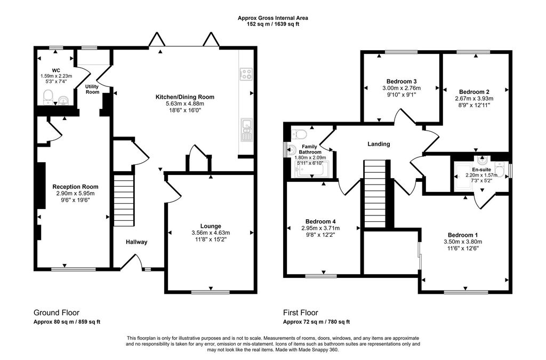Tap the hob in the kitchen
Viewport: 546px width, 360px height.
[246, 74]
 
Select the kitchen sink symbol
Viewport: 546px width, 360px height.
[246, 130]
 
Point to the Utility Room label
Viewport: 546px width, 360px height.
[93, 89]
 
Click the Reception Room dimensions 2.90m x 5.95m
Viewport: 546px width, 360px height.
[75, 194]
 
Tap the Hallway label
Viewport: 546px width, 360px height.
[136, 242]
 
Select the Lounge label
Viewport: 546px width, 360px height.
[211, 226]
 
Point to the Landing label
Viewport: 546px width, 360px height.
[379, 144]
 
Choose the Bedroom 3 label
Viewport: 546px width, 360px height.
[401, 81]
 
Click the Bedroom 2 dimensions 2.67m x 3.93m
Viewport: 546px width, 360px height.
[475, 99]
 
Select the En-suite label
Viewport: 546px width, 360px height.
[481, 169]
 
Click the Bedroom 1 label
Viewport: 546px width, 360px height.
[462, 235]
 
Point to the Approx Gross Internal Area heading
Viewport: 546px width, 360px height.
[272, 18]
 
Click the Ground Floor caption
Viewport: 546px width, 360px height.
[57, 313]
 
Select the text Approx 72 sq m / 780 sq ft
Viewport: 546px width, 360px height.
[316, 322]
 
